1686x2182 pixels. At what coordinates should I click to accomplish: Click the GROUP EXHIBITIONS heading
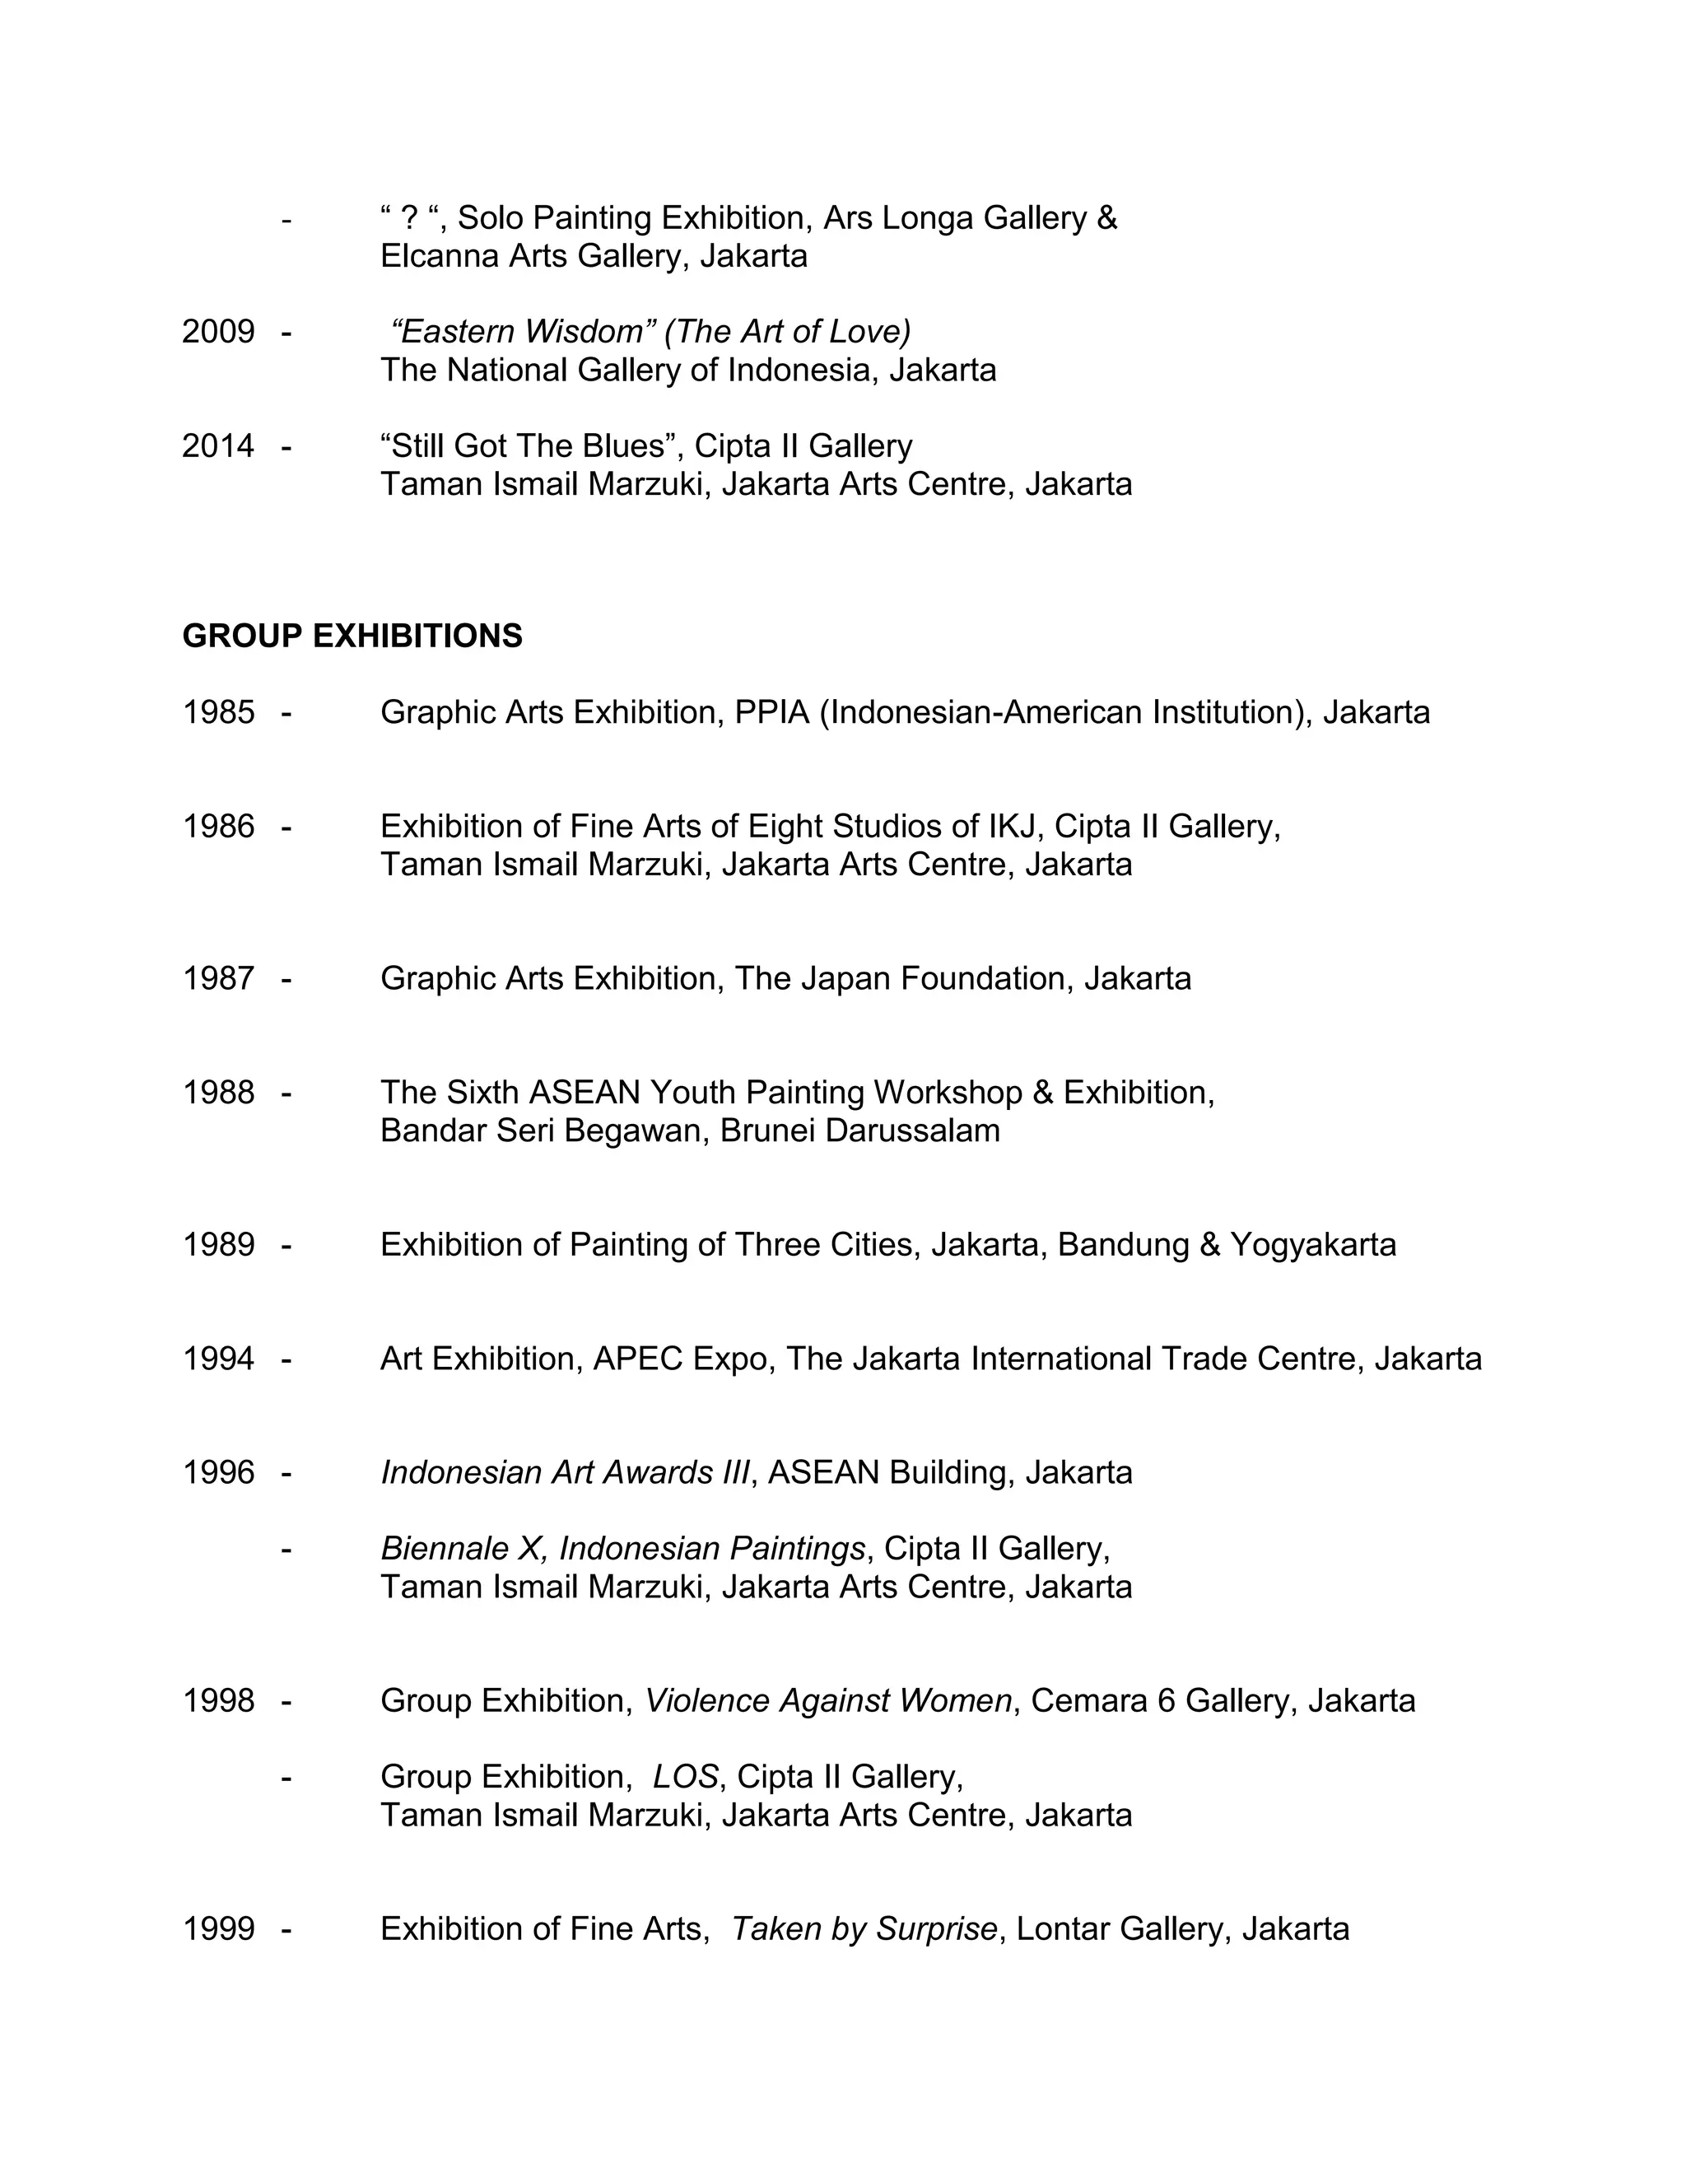click(x=352, y=636)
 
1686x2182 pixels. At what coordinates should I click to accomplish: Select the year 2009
click(x=217, y=332)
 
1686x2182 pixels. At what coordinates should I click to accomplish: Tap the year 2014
click(x=217, y=445)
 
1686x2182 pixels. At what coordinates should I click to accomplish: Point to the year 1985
click(x=217, y=712)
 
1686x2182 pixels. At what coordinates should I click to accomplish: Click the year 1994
click(x=217, y=1359)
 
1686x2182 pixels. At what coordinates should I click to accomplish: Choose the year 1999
click(x=217, y=1928)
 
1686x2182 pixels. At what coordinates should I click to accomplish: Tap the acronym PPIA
click(x=771, y=712)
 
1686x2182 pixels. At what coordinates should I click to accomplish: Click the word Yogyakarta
click(x=1312, y=1245)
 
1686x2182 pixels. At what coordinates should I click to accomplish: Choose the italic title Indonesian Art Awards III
click(x=564, y=1473)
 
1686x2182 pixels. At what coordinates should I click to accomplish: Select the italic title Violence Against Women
click(x=828, y=1700)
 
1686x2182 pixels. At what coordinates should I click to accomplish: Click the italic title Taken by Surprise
click(x=864, y=1928)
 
